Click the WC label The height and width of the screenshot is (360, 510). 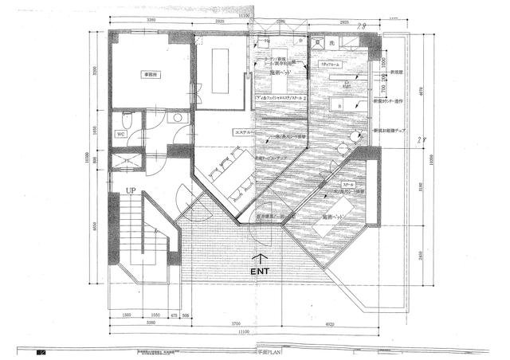(122, 135)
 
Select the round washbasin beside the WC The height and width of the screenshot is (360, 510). (178, 117)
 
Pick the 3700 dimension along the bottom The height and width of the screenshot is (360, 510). (248, 323)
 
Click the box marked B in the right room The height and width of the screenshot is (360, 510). (340, 105)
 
